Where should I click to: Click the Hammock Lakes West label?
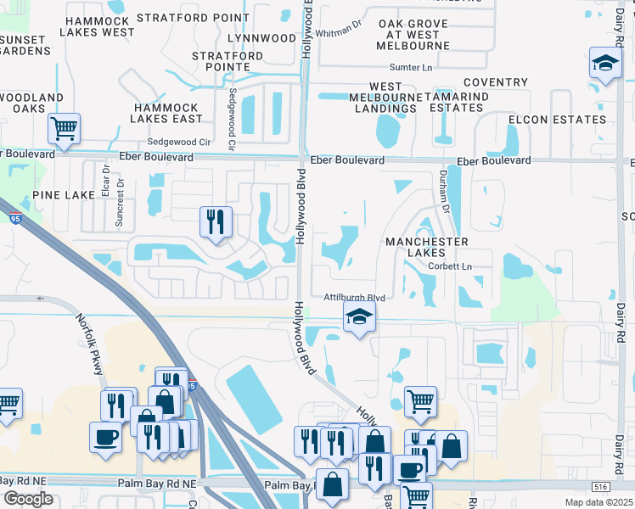click(98, 25)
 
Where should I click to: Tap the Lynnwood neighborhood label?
click(262, 38)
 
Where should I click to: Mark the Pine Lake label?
click(64, 195)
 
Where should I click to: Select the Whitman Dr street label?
click(338, 33)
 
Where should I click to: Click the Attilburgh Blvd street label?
click(355, 297)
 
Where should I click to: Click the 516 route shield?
click(600, 485)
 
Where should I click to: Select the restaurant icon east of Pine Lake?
click(216, 222)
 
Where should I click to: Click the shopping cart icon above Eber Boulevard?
click(64, 129)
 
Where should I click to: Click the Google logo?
click(28, 499)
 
